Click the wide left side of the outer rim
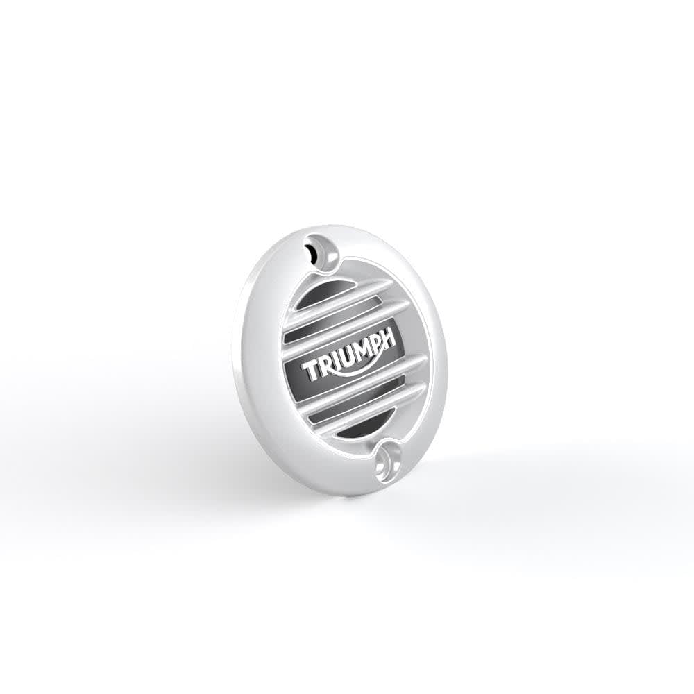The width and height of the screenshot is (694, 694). click(x=260, y=361)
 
